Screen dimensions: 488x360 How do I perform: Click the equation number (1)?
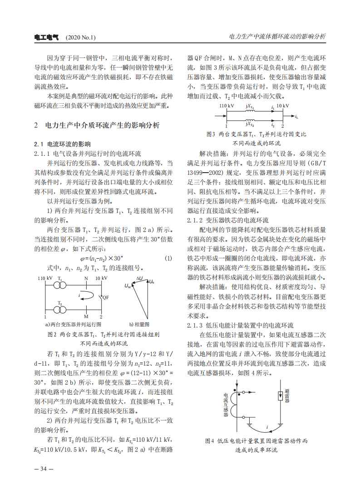pyautogui.click(x=168, y=258)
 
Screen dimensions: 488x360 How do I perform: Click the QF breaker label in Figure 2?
pyautogui.click(x=105, y=298)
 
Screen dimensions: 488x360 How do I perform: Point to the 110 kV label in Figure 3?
pyautogui.click(x=226, y=105)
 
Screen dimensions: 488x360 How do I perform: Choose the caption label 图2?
pyautogui.click(x=52, y=334)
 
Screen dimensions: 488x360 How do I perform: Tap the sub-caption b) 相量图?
pyautogui.click(x=139, y=325)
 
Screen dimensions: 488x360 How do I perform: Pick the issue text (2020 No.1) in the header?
pyautogui.click(x=81, y=38)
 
